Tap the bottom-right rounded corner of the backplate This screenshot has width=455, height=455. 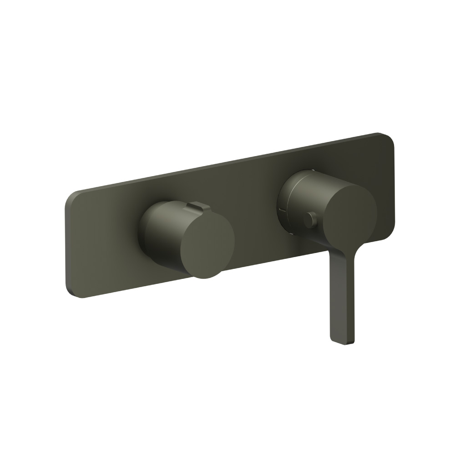point(389,231)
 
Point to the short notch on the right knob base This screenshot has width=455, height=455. point(283,210)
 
